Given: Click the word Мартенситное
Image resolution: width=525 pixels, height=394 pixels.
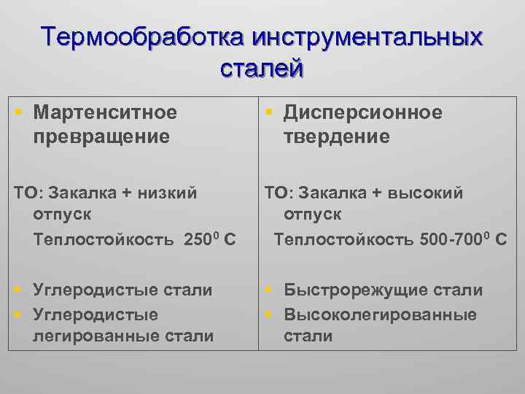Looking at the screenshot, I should click(x=105, y=112).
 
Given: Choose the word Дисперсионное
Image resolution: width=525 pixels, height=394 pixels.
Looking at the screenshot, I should click(x=363, y=112).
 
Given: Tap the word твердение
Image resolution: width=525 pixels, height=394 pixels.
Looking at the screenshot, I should click(x=338, y=136).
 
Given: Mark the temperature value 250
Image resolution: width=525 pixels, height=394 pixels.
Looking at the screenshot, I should click(x=196, y=239).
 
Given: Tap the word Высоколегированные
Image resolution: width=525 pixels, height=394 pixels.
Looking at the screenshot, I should click(x=380, y=314).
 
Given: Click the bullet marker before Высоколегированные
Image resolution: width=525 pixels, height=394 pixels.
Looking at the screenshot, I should click(x=268, y=314).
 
